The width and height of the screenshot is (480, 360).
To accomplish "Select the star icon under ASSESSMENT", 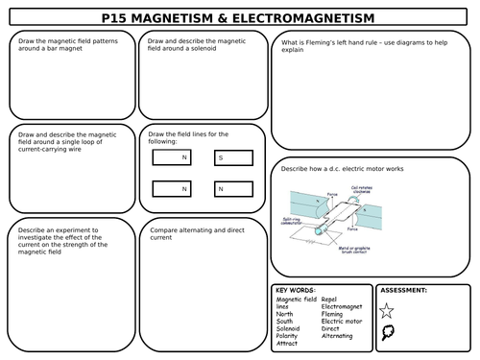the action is pyautogui.click(x=387, y=310).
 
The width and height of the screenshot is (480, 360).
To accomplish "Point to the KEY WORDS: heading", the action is pyautogui.click(x=294, y=289).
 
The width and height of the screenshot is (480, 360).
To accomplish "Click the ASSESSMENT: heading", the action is pyautogui.click(x=404, y=289).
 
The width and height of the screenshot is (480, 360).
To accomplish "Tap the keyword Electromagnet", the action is pyautogui.click(x=344, y=306).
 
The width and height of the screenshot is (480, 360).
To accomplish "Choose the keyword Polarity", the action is pyautogui.click(x=288, y=335).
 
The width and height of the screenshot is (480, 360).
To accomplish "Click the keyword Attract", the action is pyautogui.click(x=287, y=343).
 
